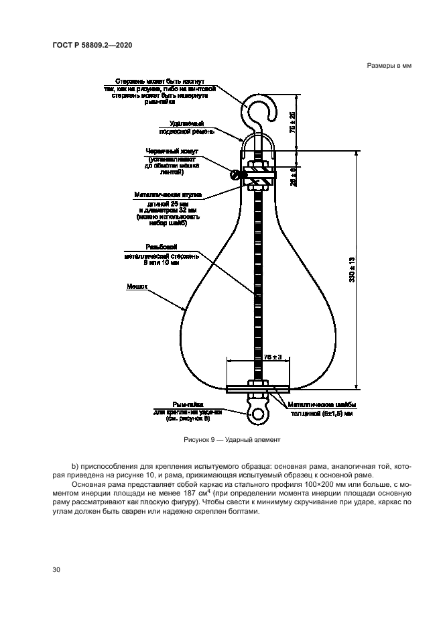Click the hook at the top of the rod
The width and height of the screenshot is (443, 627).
pos(256,107)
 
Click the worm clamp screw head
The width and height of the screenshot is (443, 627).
pos(236,176)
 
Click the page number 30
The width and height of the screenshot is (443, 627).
pos(56,569)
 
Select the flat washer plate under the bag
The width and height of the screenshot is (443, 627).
pos(257,388)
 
